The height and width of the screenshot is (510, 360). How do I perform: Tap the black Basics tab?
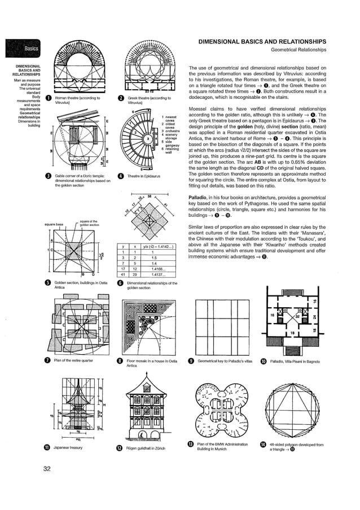point(22,49)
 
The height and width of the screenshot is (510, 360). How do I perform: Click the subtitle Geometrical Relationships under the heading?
point(299,50)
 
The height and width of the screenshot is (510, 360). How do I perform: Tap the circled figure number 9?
point(191,361)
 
